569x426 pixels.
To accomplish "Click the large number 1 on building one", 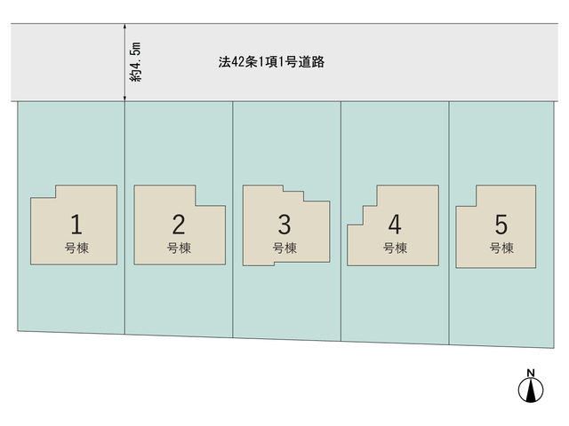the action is [x=76, y=225].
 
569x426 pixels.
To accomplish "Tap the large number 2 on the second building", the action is [x=179, y=225].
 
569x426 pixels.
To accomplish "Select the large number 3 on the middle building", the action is [x=284, y=225].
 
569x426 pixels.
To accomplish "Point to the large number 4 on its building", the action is [x=395, y=225].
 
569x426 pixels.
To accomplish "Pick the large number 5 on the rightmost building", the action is [x=501, y=225].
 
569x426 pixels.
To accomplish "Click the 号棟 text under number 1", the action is [x=76, y=248].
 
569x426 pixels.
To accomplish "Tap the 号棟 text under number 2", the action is [x=179, y=248].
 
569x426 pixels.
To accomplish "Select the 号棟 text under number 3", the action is [x=284, y=248].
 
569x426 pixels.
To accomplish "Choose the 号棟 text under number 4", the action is [x=395, y=248].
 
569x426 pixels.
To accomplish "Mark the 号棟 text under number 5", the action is [x=501, y=248].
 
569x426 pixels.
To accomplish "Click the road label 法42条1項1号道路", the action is [x=271, y=62].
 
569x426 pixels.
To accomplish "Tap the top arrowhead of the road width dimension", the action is [x=124, y=26].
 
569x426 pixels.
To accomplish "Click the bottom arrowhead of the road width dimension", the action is [x=124, y=99].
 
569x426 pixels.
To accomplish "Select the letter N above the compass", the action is [x=531, y=373].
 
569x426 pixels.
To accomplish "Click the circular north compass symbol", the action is [x=531, y=390].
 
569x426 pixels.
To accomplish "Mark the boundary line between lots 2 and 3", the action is [x=233, y=219].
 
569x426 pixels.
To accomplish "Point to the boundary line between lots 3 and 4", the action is [x=341, y=221].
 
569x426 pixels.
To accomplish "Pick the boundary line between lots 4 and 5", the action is [x=449, y=223].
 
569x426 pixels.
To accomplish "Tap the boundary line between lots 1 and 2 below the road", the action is [x=124, y=217].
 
